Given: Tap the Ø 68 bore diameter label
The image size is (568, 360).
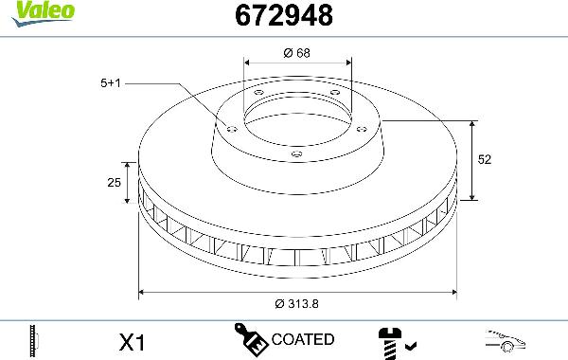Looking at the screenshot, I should pyautogui.click(x=297, y=53).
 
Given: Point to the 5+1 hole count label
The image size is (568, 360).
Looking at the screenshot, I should pyautogui.click(x=111, y=82).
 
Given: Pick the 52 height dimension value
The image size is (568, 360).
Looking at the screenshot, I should pyautogui.click(x=485, y=161).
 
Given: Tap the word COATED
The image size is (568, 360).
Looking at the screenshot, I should pyautogui.click(x=302, y=339).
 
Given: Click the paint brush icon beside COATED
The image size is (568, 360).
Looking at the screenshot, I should pyautogui.click(x=250, y=339).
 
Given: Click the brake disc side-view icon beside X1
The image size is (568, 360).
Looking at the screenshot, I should pyautogui.click(x=34, y=339).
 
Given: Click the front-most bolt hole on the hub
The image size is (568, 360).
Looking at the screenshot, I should pyautogui.click(x=295, y=153).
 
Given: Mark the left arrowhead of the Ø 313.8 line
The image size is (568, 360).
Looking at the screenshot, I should pyautogui.click(x=143, y=292).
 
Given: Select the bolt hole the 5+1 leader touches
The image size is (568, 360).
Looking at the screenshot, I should pyautogui.click(x=229, y=126).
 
